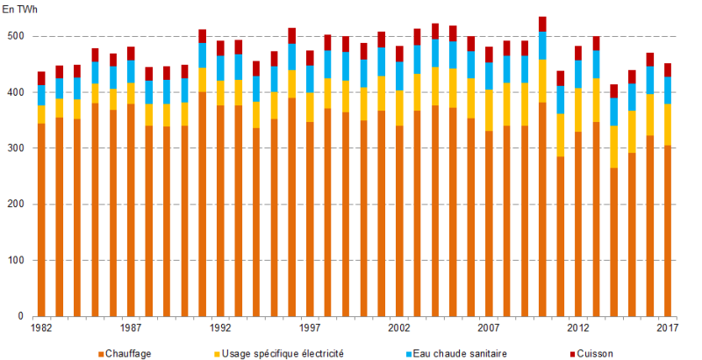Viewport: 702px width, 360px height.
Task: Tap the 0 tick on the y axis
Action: pos(21,316)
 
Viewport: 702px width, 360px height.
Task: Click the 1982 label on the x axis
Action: pos(41,328)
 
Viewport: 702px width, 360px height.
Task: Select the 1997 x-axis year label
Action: pos(310,328)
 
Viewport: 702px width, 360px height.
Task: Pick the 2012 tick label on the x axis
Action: pos(578,328)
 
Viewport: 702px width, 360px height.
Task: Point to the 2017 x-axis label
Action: pos(668,328)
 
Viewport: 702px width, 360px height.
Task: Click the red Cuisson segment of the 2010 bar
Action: pos(542,24)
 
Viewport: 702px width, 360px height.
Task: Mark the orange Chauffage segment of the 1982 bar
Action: pos(41,220)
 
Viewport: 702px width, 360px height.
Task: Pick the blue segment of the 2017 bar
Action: pos(668,90)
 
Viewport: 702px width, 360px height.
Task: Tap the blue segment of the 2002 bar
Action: pos(399,76)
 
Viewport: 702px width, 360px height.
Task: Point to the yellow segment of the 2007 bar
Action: pos(489,110)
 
